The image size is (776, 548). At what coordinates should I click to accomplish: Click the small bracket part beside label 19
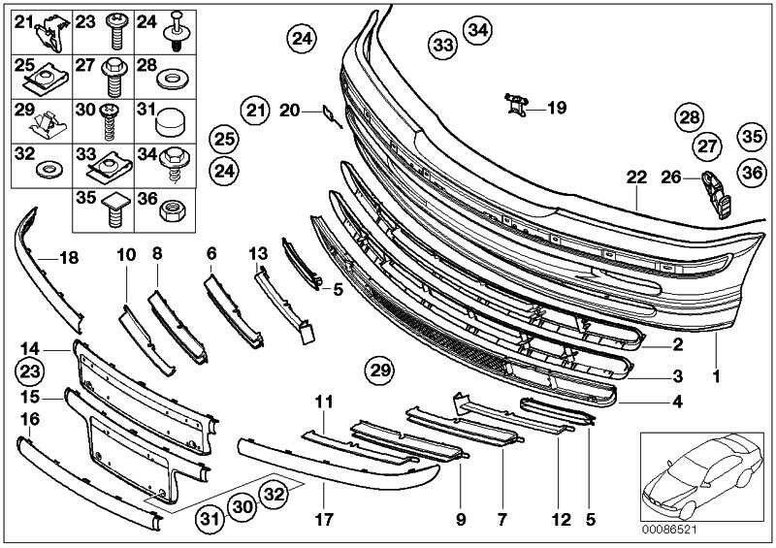coord(516,104)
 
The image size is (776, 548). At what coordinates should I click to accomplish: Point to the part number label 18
coord(68,257)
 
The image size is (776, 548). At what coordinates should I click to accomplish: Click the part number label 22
coord(635,177)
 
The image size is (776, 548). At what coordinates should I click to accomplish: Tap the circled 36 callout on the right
coord(751,171)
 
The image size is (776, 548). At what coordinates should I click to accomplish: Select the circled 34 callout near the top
coord(476,30)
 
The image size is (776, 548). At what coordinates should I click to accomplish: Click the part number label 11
coord(323,401)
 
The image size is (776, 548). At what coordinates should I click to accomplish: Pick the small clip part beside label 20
coord(330,118)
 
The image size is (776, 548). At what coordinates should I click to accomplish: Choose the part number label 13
coord(256,253)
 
